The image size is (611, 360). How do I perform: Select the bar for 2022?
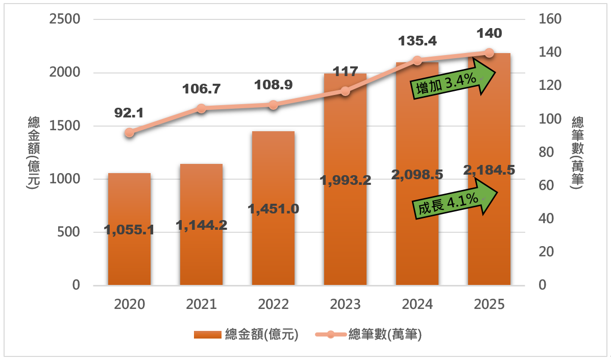coord(273,245)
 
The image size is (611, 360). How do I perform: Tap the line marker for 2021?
coord(201,108)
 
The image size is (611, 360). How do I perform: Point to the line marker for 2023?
coord(345,91)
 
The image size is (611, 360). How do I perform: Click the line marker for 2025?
coord(489,53)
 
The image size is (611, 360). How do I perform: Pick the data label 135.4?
coord(417,41)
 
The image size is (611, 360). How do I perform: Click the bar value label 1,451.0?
coord(273,208)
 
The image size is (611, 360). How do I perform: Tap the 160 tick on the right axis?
coord(550,19)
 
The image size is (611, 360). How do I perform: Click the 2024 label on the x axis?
coord(417,305)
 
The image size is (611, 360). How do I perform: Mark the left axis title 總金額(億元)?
coord(34,153)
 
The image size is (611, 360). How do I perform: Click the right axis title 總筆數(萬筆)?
coord(578,153)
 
